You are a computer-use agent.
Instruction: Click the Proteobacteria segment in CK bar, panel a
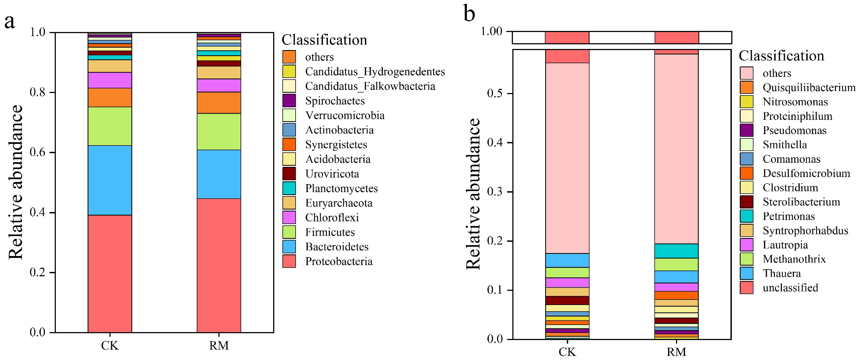pyautogui.click(x=109, y=273)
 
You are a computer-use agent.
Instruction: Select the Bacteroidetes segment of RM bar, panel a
pyautogui.click(x=219, y=174)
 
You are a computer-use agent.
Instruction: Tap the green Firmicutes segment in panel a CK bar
pyautogui.click(x=109, y=126)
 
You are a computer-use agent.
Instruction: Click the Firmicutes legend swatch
pyautogui.click(x=289, y=232)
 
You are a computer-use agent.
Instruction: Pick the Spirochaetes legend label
pyautogui.click(x=335, y=101)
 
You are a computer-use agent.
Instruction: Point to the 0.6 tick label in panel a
pyautogui.click(x=37, y=153)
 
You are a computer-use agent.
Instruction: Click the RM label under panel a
pyautogui.click(x=219, y=346)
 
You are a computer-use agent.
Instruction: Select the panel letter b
pyautogui.click(x=469, y=14)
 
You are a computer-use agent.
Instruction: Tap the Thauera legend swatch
pyautogui.click(x=746, y=273)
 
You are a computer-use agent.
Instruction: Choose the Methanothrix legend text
pyautogui.click(x=794, y=259)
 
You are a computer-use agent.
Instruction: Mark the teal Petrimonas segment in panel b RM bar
pyautogui.click(x=677, y=251)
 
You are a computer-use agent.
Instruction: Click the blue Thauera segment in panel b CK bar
pyautogui.click(x=567, y=260)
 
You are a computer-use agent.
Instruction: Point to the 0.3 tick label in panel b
pyautogui.click(x=494, y=192)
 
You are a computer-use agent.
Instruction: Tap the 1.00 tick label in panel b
pyautogui.click(x=491, y=32)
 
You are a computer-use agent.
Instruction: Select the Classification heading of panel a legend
pyautogui.click(x=324, y=40)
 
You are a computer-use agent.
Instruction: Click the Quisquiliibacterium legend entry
pyautogui.click(x=809, y=88)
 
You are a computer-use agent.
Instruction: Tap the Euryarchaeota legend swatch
pyautogui.click(x=289, y=203)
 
